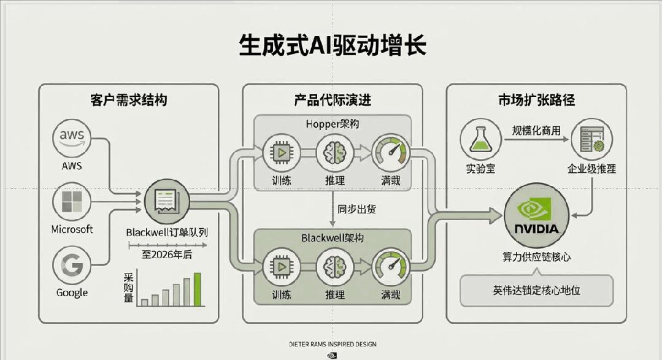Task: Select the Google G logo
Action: click(x=72, y=266)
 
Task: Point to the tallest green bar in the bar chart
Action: click(x=198, y=289)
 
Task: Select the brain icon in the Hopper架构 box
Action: click(x=335, y=153)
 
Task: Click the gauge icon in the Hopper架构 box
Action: click(x=391, y=153)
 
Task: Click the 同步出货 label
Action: click(x=356, y=209)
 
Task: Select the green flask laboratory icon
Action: click(x=480, y=139)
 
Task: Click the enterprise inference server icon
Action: click(x=591, y=139)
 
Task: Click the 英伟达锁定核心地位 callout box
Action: click(x=536, y=290)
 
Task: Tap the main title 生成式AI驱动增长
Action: click(x=332, y=45)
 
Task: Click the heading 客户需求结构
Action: click(x=128, y=100)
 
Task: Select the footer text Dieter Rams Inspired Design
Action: click(x=332, y=344)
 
